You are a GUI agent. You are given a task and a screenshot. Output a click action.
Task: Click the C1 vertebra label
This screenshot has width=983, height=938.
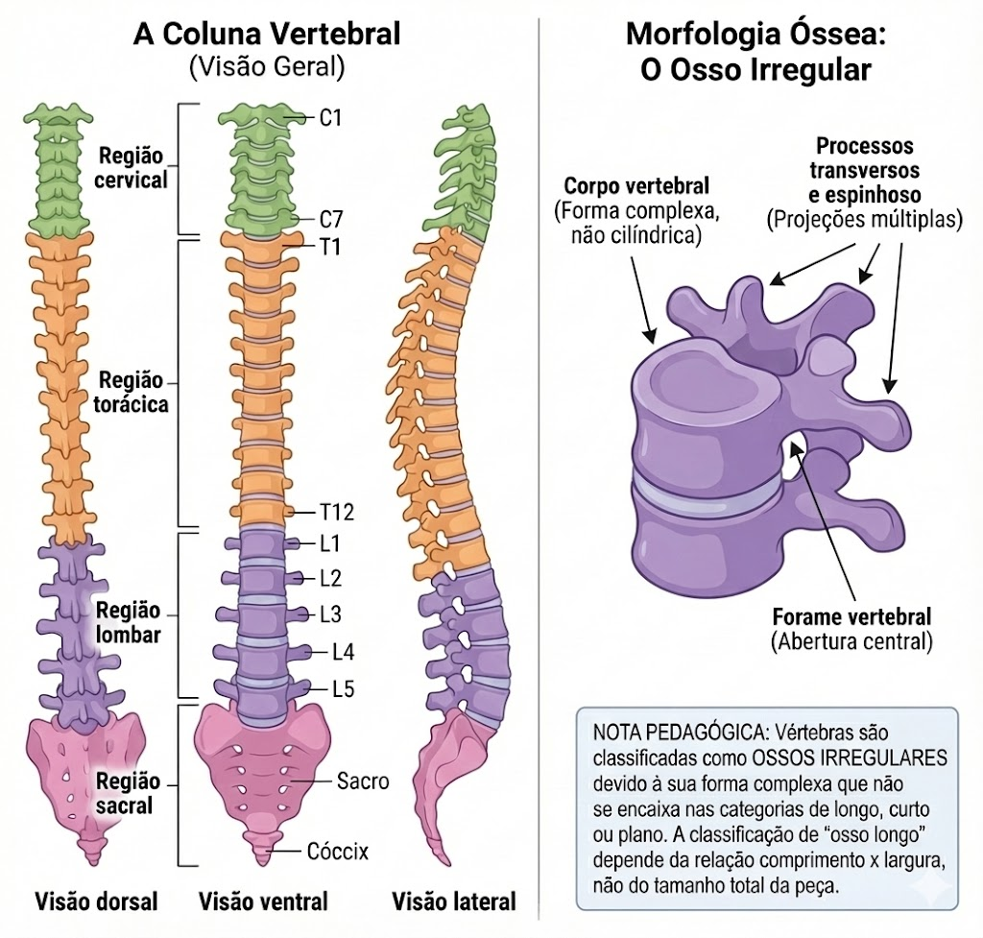[330, 117]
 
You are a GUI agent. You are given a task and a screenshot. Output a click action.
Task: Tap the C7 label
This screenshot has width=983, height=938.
[331, 220]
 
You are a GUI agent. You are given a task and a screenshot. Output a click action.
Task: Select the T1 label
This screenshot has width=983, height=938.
[330, 248]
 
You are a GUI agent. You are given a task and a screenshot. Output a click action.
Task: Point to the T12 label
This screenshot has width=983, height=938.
[337, 513]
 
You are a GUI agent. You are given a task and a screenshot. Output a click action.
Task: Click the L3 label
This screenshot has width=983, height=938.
[330, 614]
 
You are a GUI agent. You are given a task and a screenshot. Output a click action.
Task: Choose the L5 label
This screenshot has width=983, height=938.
[343, 689]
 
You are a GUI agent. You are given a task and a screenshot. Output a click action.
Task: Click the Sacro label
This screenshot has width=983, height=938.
[363, 782]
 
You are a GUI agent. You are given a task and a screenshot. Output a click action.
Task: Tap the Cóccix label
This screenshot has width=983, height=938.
[338, 851]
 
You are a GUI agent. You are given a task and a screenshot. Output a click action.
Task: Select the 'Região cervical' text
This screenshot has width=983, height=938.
[131, 167]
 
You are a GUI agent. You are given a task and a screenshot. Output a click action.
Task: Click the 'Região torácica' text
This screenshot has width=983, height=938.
[131, 392]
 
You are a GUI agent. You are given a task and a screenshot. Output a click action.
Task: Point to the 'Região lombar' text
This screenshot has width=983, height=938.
[129, 622]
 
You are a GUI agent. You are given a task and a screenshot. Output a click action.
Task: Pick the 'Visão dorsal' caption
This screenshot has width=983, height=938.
[97, 902]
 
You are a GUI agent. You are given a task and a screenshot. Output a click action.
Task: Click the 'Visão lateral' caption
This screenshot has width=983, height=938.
[454, 902]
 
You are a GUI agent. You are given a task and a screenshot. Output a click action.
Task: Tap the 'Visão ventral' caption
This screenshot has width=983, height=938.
[263, 902]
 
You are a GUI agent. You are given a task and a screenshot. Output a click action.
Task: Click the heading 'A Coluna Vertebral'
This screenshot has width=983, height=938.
[267, 34]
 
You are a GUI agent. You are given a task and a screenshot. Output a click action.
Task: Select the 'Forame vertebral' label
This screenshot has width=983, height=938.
[851, 617]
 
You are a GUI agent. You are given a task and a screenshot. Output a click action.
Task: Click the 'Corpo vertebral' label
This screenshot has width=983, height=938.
[636, 185]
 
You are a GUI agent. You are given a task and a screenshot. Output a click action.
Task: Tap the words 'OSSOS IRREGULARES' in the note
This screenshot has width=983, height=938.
[849, 758]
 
